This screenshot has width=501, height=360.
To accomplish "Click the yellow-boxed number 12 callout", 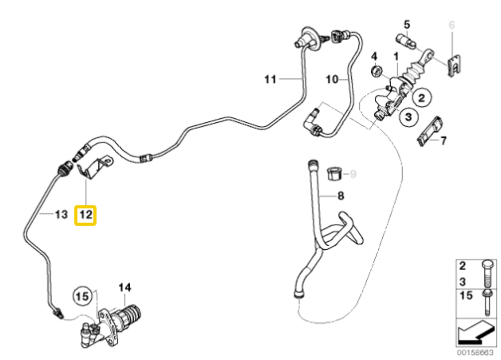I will (85, 215).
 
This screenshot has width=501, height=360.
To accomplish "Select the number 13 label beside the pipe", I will (61, 215).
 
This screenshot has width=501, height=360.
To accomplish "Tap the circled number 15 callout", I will (83, 296).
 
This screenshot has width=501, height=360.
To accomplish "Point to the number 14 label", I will (124, 287).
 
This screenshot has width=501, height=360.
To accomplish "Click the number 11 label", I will (271, 79).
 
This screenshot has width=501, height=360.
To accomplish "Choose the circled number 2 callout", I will (421, 97).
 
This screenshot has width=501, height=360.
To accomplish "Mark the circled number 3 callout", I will (408, 117).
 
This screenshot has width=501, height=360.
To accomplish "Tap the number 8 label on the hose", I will (341, 196).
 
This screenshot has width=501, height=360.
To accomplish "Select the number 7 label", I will (443, 141).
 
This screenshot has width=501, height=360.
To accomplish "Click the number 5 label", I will (406, 24).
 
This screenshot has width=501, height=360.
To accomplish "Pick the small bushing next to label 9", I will (334, 174).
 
